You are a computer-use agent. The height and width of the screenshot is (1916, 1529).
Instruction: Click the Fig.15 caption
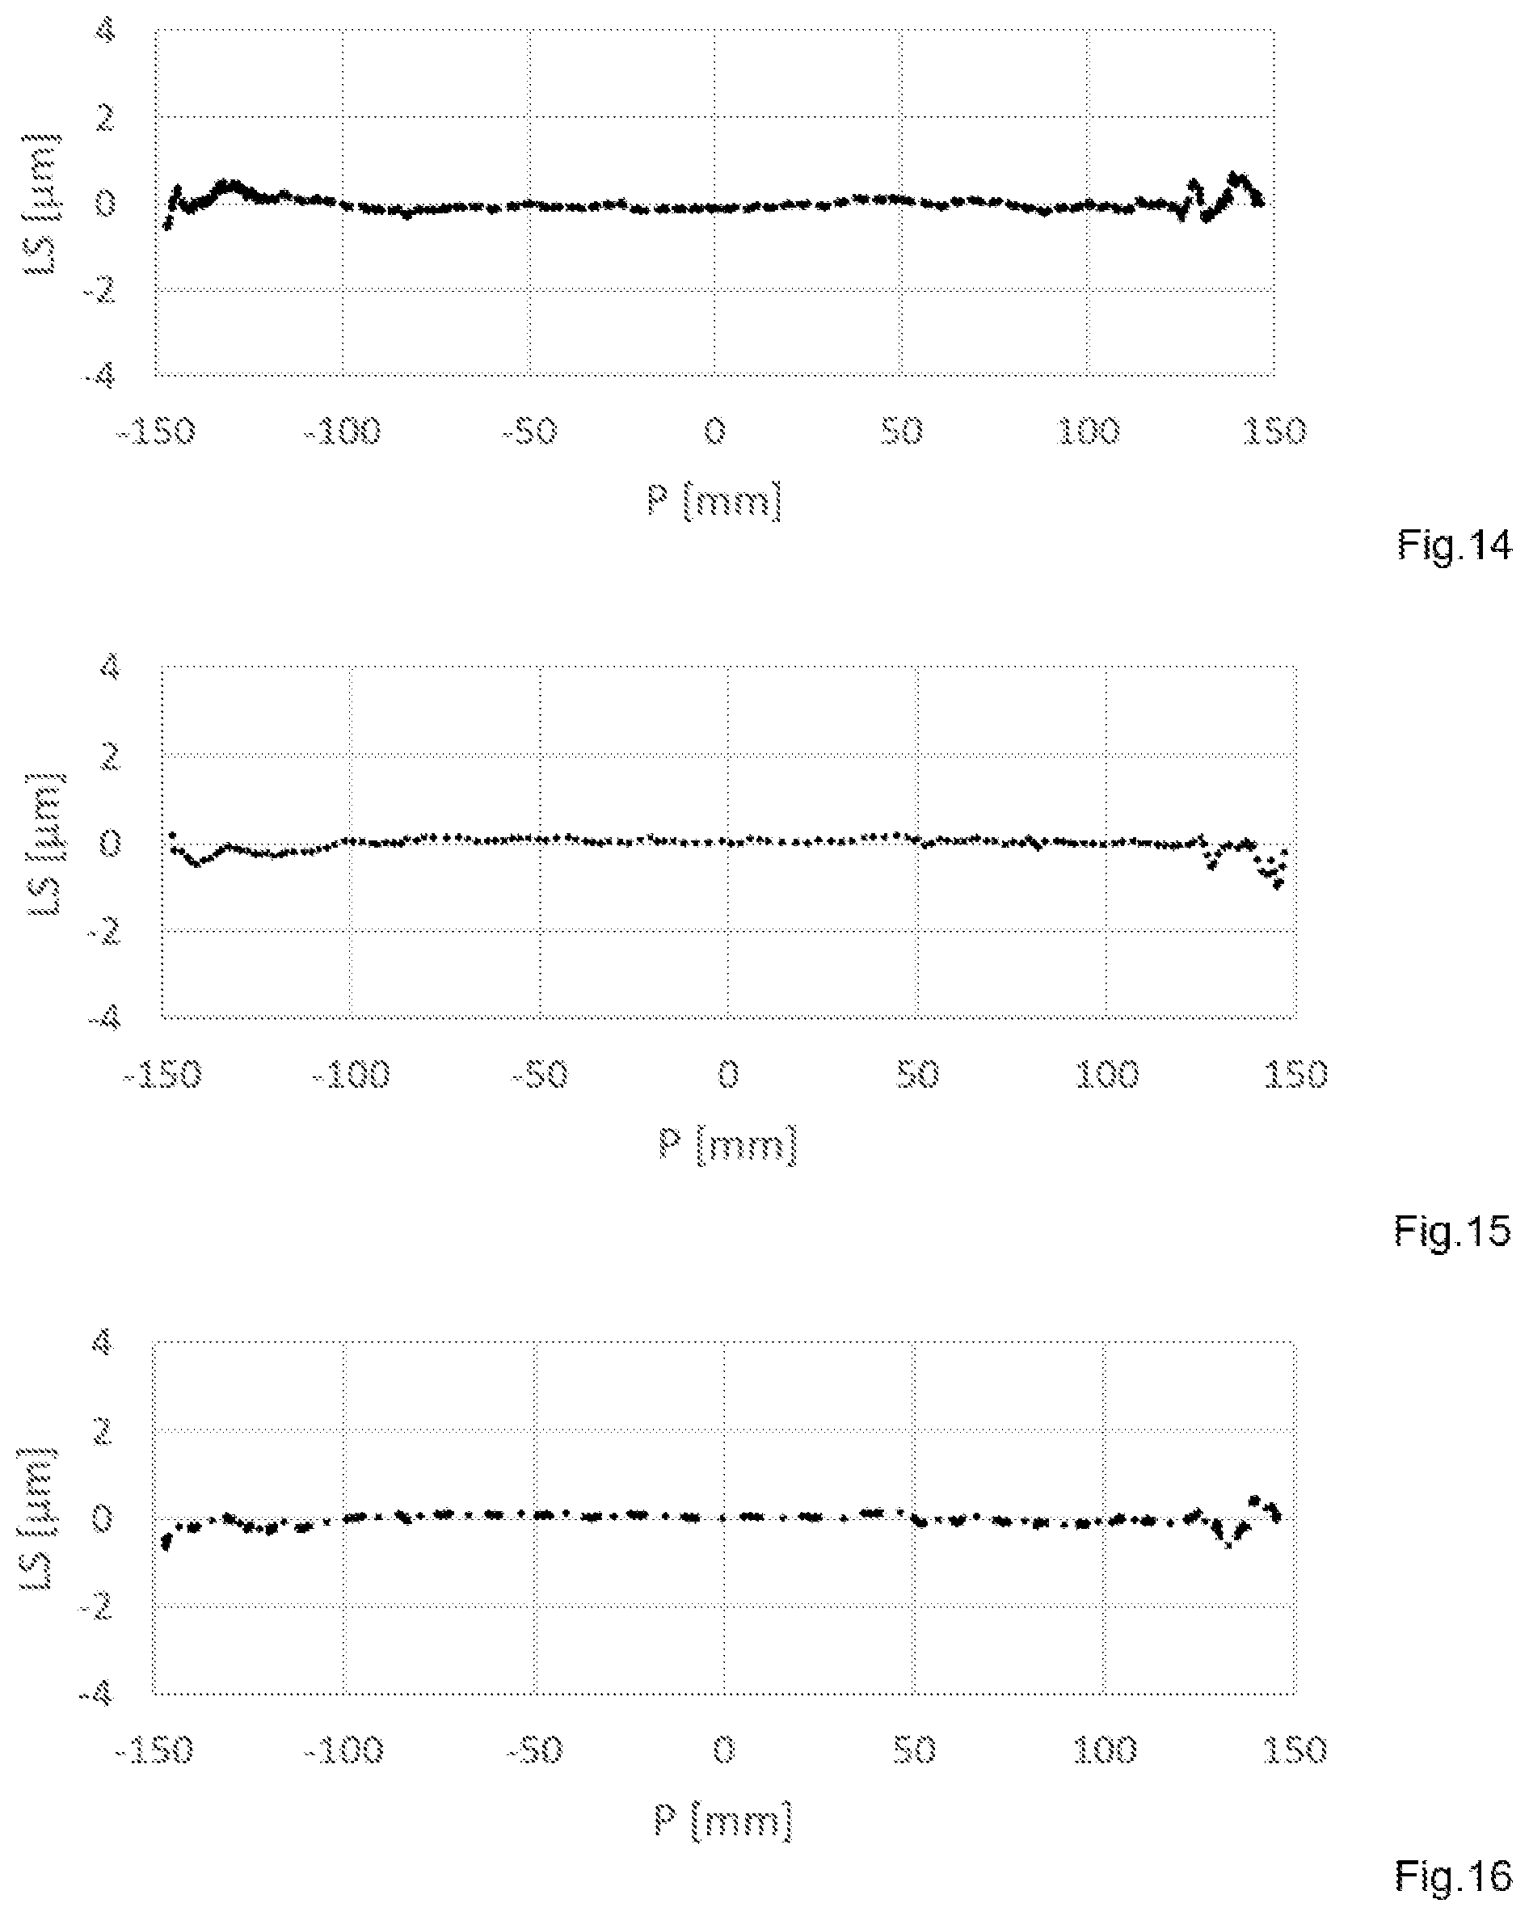point(1451,1231)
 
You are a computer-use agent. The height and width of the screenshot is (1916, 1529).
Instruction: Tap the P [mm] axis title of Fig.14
point(714,501)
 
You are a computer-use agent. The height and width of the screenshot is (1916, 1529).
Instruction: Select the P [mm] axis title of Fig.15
point(728,1143)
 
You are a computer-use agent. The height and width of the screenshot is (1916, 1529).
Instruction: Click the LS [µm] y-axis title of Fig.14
point(42,203)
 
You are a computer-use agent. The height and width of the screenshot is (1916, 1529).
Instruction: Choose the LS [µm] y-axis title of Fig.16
point(37,1517)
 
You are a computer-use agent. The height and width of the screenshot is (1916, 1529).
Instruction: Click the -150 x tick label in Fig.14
point(157,432)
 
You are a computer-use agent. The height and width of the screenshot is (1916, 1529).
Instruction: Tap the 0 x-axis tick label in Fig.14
point(714,432)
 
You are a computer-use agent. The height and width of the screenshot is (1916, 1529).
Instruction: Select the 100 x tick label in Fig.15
point(1107,1076)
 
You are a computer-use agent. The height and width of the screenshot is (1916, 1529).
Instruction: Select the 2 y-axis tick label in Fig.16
point(104,1430)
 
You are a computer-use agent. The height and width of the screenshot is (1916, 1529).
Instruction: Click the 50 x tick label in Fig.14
point(901,432)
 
